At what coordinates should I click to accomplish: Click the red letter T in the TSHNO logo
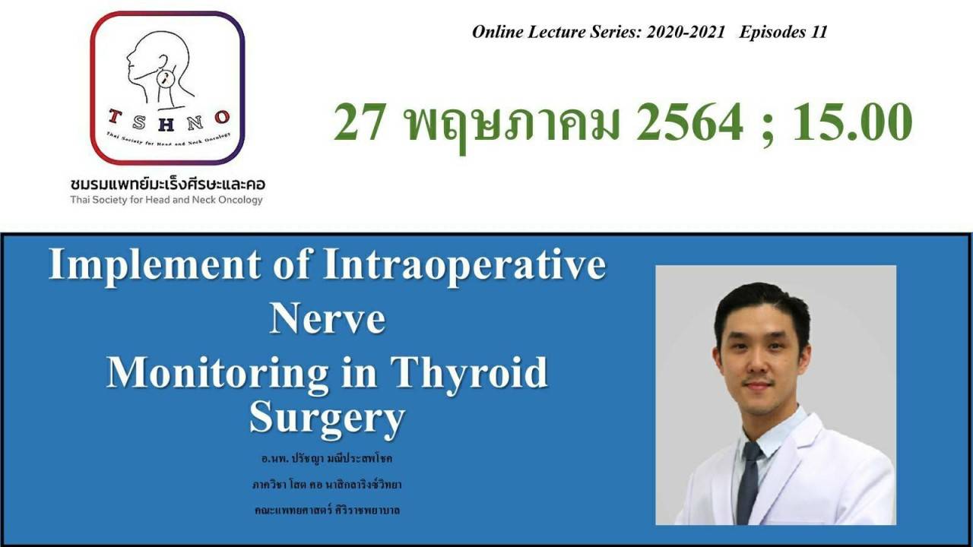[114, 116]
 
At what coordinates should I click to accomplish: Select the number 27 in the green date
[360, 122]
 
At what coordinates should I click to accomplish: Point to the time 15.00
[853, 122]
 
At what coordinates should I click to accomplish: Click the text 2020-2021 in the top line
[686, 32]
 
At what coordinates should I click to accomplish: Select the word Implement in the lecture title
[155, 265]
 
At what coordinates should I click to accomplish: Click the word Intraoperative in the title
[464, 265]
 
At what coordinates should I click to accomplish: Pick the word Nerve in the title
[328, 318]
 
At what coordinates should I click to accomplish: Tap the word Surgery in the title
[328, 417]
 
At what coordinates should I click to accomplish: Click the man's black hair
[762, 306]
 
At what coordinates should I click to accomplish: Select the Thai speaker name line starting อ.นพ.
[327, 458]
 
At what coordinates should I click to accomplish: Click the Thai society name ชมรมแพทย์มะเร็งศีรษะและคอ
[168, 184]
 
